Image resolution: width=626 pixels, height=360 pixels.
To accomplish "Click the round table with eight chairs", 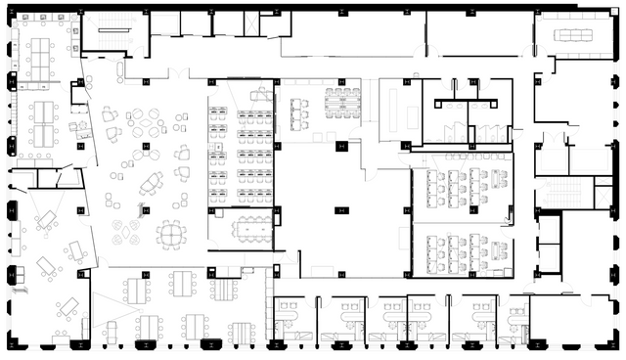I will [170, 234].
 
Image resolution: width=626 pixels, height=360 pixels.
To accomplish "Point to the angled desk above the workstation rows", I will [260, 94].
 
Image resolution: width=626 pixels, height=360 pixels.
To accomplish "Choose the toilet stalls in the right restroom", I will [489, 133].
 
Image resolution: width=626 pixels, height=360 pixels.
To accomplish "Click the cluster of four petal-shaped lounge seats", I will [125, 231].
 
